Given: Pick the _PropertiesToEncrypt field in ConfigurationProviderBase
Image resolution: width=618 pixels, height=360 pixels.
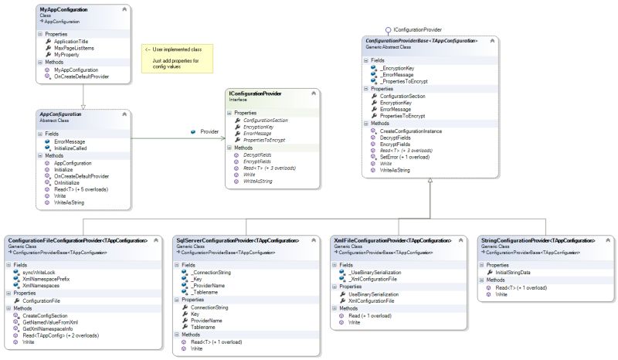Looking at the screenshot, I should click(406, 81).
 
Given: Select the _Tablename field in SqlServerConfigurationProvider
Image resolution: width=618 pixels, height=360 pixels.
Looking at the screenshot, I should click(206, 291).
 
